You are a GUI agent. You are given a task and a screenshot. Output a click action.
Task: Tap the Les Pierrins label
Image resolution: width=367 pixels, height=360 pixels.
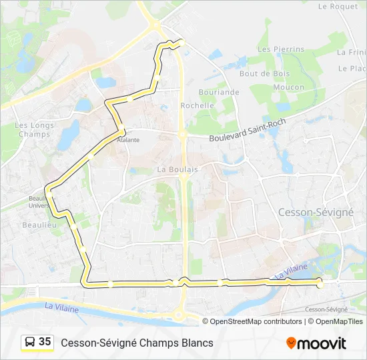280,49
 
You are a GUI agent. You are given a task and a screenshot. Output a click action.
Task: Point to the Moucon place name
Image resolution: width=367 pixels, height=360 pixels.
289,87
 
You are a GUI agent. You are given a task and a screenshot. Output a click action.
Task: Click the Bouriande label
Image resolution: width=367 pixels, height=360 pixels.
219,92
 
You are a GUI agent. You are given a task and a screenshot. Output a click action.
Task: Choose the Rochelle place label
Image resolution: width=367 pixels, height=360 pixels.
198,105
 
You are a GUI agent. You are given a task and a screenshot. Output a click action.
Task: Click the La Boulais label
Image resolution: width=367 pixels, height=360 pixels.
177,169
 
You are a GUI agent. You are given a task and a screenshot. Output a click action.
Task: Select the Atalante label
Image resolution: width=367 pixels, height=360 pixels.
128,141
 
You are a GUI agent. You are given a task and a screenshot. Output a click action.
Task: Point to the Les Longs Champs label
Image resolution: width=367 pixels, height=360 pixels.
34,129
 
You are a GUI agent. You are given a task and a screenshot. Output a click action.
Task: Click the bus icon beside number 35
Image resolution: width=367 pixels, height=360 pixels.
30,342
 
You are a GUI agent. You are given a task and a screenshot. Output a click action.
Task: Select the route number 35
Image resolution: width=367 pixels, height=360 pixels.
45,342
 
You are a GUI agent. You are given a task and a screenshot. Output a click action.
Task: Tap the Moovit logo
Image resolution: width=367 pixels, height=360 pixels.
316,343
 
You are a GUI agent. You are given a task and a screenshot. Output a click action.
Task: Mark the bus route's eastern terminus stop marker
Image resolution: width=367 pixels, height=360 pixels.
320,284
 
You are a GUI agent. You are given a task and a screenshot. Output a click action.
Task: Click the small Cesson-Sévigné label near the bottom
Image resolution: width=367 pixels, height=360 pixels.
326,309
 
